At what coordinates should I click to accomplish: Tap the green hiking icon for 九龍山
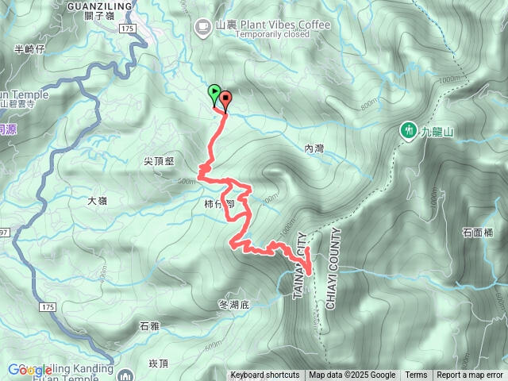pyautogui.click(x=409, y=129)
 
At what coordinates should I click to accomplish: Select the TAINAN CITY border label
pyautogui.click(x=301, y=265)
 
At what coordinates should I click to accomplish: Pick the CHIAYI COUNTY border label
pyautogui.click(x=332, y=268)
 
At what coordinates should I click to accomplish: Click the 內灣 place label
pyautogui.click(x=314, y=148)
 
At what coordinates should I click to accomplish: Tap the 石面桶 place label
pyautogui.click(x=477, y=233)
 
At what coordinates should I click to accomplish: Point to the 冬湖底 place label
pyautogui.click(x=233, y=305)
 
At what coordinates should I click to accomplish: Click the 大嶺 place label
pyautogui.click(x=97, y=201)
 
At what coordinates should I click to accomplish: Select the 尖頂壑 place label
pyautogui.click(x=159, y=160)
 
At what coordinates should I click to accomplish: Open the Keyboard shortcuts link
pyautogui.click(x=265, y=375)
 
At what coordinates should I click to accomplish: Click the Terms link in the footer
pyautogui.click(x=416, y=375)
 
